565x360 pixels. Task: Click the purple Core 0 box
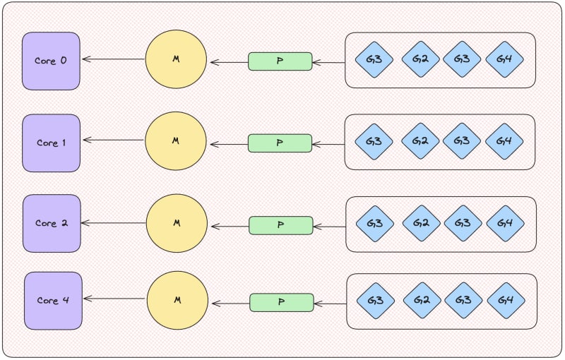(51, 61)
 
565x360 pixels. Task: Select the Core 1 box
(51, 143)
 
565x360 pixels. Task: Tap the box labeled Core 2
(52, 224)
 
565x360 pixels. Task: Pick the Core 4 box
(53, 301)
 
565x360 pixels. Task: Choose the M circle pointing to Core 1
(176, 141)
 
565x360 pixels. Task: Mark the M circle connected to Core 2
(177, 223)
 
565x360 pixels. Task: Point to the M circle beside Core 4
(177, 301)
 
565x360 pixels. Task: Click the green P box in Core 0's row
(280, 61)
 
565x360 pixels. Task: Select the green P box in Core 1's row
(280, 143)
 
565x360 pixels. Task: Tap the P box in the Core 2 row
(280, 225)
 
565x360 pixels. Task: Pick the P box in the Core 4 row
(281, 302)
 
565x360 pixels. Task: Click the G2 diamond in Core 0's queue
(420, 59)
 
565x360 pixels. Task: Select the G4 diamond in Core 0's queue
(504, 59)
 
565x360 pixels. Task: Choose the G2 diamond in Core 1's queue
(420, 141)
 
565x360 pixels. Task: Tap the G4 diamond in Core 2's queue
(505, 224)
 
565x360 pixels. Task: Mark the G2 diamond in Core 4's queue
(422, 301)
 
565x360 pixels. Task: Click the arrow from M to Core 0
(113, 59)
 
